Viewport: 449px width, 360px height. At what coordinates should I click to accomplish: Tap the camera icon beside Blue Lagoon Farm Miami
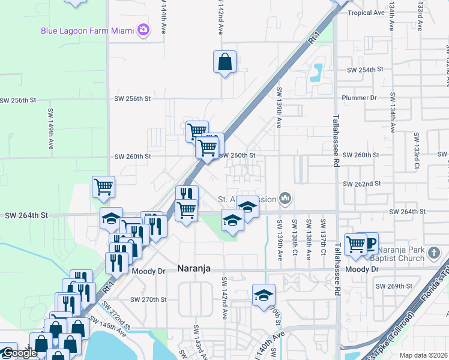click(x=143, y=30)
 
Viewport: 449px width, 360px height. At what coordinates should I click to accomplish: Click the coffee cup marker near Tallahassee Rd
click(x=369, y=242)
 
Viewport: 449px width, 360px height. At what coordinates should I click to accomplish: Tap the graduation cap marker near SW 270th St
click(x=264, y=295)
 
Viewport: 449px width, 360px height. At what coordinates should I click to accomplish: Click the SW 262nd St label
click(x=362, y=184)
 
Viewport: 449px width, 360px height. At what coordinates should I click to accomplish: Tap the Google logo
click(x=19, y=353)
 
